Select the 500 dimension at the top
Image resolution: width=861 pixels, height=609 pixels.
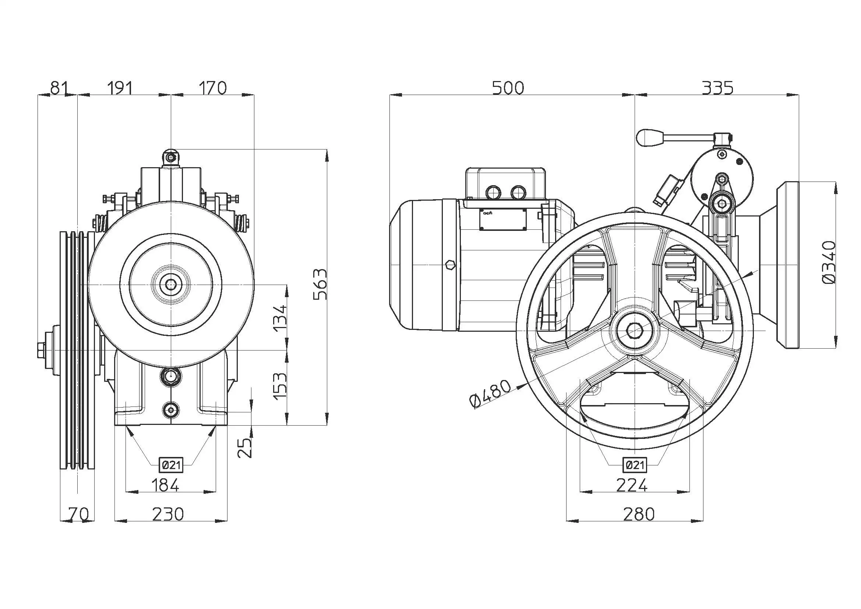coord(508,88)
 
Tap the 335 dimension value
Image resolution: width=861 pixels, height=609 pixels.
coord(717,88)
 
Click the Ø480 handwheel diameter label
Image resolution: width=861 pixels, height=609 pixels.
coord(490,393)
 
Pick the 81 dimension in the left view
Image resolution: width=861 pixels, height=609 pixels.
coord(60,88)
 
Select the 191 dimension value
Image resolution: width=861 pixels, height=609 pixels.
coord(120,88)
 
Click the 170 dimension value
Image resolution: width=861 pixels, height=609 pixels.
coord(213,88)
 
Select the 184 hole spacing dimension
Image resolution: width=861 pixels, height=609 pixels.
coord(165,485)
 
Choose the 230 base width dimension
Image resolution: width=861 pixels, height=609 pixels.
coord(168,514)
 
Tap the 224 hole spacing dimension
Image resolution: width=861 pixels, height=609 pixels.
coord(632,486)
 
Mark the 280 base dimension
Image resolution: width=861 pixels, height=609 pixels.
coord(639,514)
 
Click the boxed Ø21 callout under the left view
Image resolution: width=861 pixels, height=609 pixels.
coord(172,465)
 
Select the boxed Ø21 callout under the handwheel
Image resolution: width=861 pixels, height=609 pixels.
coord(635,465)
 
